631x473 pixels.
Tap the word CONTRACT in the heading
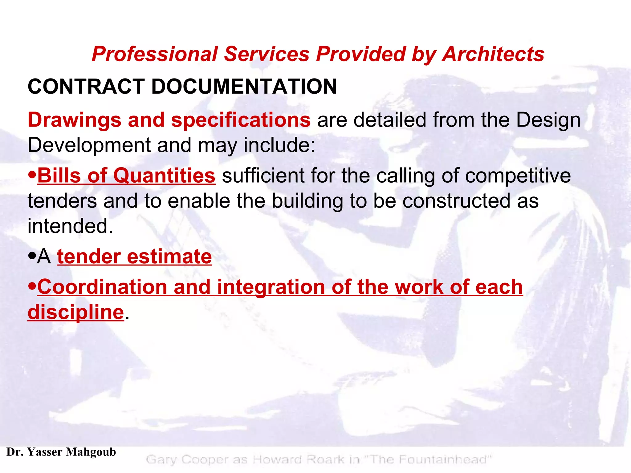[86, 87]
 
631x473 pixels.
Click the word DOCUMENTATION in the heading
[244, 87]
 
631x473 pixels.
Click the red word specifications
[241, 120]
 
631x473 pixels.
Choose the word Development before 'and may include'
[89, 145]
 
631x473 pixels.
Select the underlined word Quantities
[164, 176]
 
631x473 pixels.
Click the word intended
[70, 226]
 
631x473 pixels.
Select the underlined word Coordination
[102, 287]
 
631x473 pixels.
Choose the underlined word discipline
[76, 312]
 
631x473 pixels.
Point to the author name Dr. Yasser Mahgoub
[61, 452]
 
